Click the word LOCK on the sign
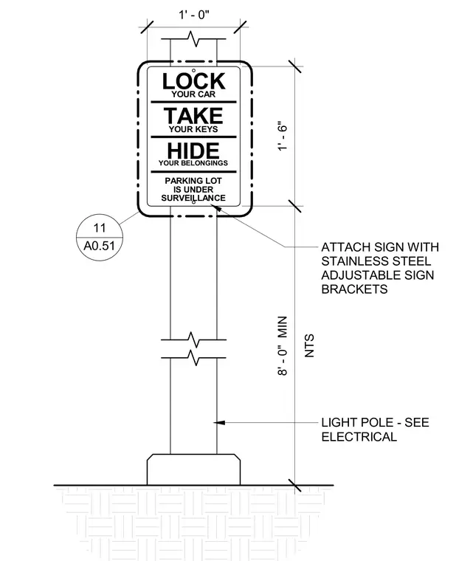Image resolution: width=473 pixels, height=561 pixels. point(193,81)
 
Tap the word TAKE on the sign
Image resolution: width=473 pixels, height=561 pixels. point(193,116)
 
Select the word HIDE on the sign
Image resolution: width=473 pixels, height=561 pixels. point(193,151)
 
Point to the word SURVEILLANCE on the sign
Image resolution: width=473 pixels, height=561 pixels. point(193,198)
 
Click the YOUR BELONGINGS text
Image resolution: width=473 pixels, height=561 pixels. point(193,163)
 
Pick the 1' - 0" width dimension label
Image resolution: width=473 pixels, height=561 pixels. point(194,15)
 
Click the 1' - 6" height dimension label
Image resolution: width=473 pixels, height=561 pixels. point(283,137)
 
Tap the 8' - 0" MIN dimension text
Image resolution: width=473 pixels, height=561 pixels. point(283,345)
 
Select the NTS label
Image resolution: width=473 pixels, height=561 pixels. point(309,345)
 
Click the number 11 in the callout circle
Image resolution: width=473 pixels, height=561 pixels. point(100,228)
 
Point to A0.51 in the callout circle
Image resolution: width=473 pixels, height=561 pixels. point(99,246)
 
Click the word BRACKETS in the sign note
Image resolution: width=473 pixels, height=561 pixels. point(354,289)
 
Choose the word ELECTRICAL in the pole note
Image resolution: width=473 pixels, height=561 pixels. point(359,437)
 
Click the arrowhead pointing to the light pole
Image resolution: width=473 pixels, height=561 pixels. point(219,423)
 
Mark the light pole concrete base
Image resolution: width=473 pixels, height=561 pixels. point(193,469)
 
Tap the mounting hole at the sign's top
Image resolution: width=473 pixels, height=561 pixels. point(193,70)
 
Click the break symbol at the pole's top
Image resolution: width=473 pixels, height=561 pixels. point(193,38)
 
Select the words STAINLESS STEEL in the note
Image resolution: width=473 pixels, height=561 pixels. point(376,261)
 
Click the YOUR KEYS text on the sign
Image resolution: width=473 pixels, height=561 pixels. point(193,129)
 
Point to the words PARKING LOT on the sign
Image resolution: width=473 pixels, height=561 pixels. point(193,181)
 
